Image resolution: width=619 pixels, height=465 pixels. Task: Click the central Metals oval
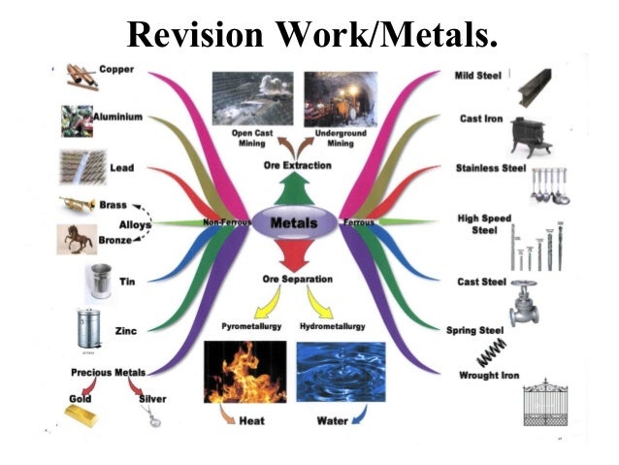[x=294, y=223]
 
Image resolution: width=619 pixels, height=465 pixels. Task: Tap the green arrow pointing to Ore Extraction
[x=297, y=189]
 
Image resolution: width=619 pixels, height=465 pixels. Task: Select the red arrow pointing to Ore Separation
[x=297, y=255]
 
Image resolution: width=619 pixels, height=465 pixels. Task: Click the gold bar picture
[x=81, y=416]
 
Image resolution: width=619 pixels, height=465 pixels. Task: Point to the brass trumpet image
[x=78, y=204]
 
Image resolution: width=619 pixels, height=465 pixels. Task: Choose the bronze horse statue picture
[x=77, y=239]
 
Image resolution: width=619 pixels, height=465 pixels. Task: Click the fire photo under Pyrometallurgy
[x=244, y=372]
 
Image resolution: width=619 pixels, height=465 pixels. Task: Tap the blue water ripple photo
[x=341, y=372]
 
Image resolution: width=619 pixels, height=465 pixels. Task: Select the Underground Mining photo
[x=341, y=99]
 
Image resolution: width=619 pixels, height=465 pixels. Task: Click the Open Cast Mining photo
[x=252, y=98]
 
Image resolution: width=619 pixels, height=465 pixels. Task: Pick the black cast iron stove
[x=531, y=137]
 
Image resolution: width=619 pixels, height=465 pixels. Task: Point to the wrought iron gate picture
[x=545, y=402]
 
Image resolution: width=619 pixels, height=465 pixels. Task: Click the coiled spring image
[x=492, y=352]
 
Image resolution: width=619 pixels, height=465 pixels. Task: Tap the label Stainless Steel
[x=491, y=168]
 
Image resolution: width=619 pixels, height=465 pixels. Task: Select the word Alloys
[x=135, y=225]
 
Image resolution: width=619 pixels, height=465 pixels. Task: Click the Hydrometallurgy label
[x=333, y=326]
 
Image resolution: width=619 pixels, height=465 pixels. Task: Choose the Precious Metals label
[x=108, y=373]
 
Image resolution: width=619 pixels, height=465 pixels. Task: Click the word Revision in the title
[x=195, y=34]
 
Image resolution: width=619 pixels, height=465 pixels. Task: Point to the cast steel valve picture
[x=524, y=303]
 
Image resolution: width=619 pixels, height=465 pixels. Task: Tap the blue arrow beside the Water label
[x=360, y=415]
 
